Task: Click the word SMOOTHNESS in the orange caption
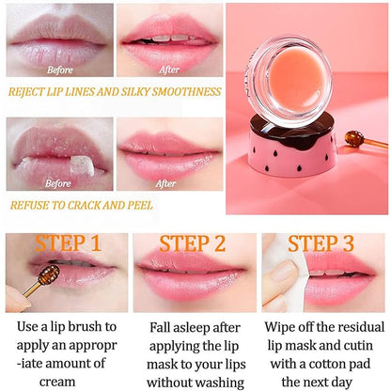click(x=188, y=94)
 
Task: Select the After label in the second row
click(x=165, y=183)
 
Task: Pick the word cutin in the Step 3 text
click(x=365, y=347)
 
